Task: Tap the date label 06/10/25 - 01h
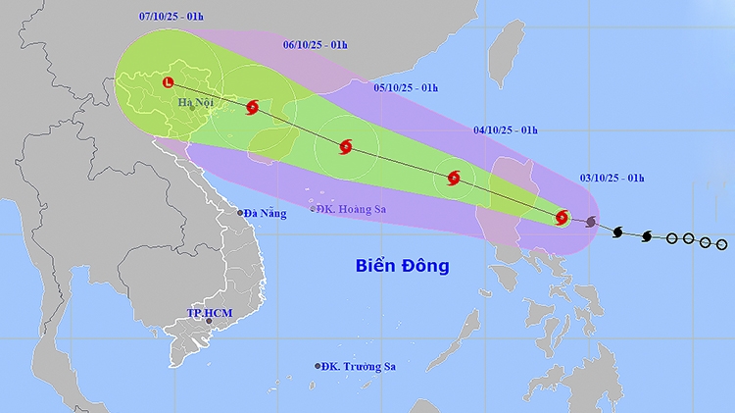click(316, 44)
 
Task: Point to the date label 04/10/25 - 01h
click(506, 129)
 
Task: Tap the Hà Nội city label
click(197, 102)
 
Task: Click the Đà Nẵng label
click(266, 213)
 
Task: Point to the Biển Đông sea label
click(402, 265)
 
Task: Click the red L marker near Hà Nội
click(169, 82)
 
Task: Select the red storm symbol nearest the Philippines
click(562, 218)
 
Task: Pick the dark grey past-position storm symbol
click(591, 224)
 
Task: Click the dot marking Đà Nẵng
click(239, 213)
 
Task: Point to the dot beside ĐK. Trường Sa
click(318, 366)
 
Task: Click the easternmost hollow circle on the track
click(721, 243)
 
